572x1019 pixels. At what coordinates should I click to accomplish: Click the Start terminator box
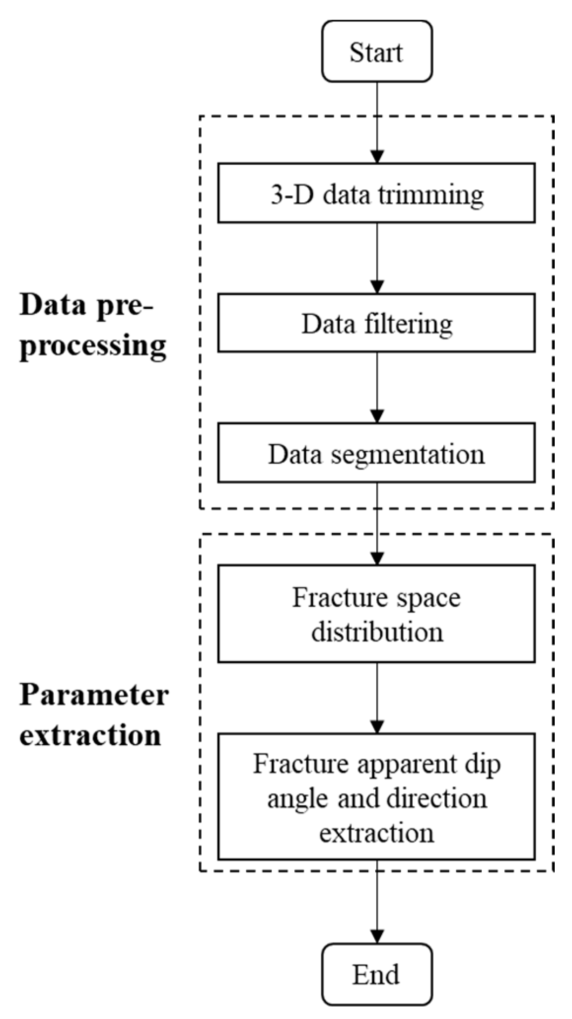(377, 52)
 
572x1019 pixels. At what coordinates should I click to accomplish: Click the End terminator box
(377, 974)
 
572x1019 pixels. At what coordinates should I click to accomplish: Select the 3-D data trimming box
(377, 193)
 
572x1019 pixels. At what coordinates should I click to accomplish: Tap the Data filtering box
(377, 323)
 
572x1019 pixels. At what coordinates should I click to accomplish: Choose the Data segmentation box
(377, 453)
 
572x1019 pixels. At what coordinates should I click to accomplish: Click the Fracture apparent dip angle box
(377, 797)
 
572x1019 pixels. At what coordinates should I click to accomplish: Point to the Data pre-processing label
(93, 326)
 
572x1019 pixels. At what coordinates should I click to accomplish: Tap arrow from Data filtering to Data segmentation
(377, 387)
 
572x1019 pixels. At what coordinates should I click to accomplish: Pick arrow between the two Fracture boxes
(377, 697)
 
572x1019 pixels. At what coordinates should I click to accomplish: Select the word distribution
(377, 632)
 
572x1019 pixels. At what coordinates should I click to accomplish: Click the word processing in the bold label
(93, 347)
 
